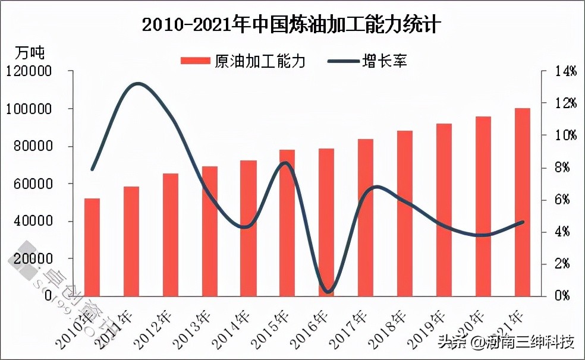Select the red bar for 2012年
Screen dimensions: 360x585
click(x=171, y=235)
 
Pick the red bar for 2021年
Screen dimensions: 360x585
click(x=522, y=202)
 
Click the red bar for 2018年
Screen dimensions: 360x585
click(x=405, y=213)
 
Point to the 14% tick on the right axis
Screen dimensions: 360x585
click(x=565, y=71)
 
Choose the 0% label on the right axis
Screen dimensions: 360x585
click(x=562, y=296)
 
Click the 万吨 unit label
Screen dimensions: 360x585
click(x=29, y=52)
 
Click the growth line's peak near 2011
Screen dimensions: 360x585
click(x=138, y=84)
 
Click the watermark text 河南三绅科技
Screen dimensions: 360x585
click(x=531, y=342)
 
